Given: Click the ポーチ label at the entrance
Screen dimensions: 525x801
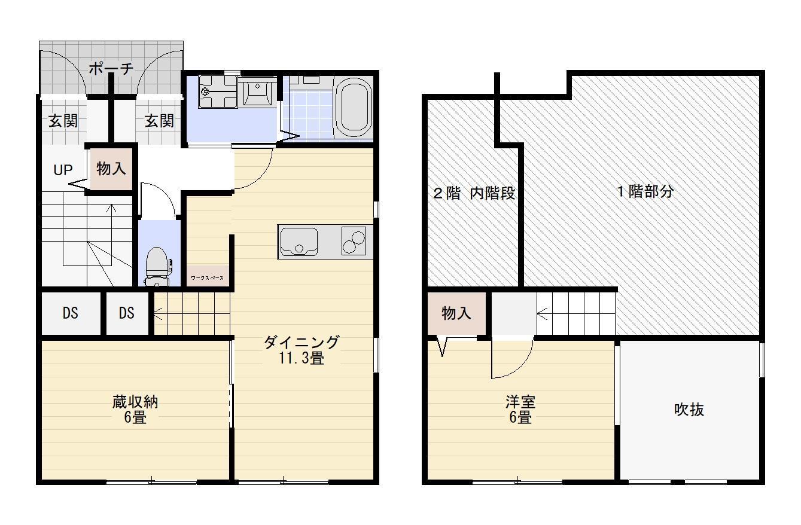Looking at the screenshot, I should [111, 69].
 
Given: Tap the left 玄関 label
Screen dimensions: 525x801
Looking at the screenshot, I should [63, 121].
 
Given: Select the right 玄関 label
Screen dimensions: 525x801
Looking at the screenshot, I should [159, 121].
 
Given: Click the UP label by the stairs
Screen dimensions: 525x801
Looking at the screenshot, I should [63, 170].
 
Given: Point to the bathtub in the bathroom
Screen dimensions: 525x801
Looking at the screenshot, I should [355, 108].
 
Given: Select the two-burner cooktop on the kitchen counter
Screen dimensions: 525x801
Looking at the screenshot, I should [353, 242].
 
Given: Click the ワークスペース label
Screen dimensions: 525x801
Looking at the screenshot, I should [208, 277].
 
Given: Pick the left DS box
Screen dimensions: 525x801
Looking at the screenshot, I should [71, 313].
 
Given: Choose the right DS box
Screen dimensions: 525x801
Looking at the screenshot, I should [126, 313].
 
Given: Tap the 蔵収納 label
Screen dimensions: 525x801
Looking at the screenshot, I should [135, 402].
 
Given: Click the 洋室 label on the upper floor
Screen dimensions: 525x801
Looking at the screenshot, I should [520, 402].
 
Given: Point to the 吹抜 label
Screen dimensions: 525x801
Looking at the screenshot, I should [689, 410].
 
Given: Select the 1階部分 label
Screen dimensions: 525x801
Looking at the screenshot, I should [645, 192].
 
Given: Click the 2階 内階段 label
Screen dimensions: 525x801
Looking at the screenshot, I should [474, 193].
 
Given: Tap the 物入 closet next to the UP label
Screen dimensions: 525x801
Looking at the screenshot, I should [111, 169].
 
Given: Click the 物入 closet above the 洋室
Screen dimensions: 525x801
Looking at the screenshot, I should [456, 313].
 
